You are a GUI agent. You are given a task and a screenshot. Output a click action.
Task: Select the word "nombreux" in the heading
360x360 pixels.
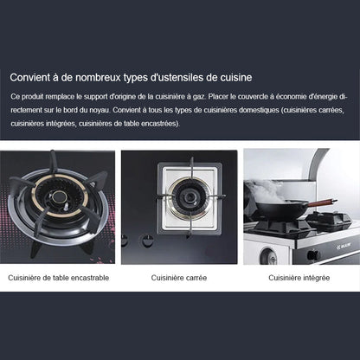tap(98, 78)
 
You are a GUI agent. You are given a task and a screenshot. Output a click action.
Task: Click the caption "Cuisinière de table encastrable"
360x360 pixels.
tap(59, 278)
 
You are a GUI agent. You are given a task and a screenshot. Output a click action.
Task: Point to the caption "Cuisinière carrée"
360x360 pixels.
tap(179, 278)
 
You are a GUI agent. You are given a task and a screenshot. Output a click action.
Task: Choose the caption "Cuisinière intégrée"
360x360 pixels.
tap(299, 278)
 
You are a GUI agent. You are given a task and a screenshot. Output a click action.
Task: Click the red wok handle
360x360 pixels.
tap(323, 202)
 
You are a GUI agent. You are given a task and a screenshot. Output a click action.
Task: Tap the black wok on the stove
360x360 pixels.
tap(280, 210)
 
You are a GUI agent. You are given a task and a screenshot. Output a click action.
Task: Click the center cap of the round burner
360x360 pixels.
tap(60, 197)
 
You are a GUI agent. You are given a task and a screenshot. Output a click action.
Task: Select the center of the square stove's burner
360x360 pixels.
tap(190, 197)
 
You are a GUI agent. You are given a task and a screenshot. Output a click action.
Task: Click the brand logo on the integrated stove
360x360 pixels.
tap(343, 247)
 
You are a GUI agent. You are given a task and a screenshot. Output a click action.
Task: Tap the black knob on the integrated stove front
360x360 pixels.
tap(313, 255)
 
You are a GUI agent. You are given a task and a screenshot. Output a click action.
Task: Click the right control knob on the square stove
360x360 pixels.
tap(147, 241)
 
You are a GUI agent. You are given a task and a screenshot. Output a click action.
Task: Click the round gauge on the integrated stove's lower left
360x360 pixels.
tap(268, 255)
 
